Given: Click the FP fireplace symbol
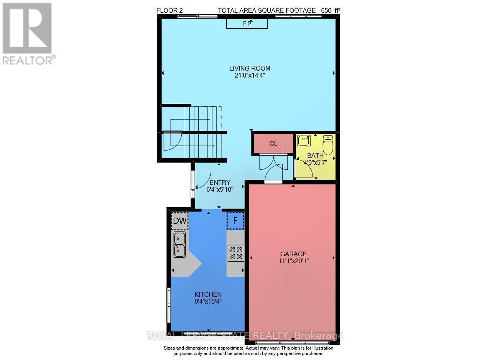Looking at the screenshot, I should click(x=247, y=24).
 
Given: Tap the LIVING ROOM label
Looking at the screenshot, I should click(x=250, y=68).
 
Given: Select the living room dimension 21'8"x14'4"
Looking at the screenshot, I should click(x=250, y=76).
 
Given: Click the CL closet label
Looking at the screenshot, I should click(x=273, y=144).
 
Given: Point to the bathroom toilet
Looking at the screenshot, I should click(x=328, y=144).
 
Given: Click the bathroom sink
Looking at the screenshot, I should click(x=304, y=140).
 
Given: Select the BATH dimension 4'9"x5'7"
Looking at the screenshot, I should click(x=315, y=162).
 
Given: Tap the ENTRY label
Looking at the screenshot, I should click(x=220, y=183).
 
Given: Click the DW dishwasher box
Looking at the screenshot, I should click(x=180, y=221).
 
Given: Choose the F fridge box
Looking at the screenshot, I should click(x=235, y=221).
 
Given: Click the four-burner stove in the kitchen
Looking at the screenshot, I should click(x=235, y=253).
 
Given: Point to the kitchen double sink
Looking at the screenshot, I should click(x=179, y=245).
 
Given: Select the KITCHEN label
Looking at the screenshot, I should click(x=208, y=294).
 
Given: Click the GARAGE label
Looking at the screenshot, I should click(x=293, y=254).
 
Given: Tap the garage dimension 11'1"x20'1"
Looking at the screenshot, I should click(x=293, y=261).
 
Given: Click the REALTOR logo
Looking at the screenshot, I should click(x=27, y=33).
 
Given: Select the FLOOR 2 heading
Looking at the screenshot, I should click(x=169, y=11).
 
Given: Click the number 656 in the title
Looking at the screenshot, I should click(x=326, y=11).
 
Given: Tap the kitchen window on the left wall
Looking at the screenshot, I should click(x=168, y=305).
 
